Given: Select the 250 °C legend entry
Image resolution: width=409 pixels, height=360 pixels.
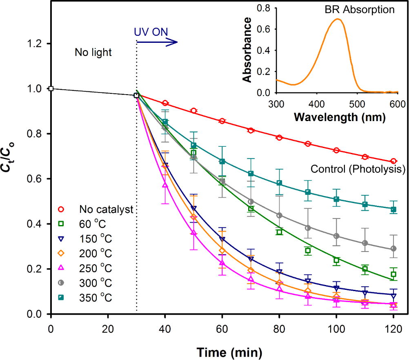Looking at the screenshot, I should click(x=96, y=268).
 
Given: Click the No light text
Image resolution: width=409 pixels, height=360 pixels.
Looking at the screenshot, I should click(x=93, y=52).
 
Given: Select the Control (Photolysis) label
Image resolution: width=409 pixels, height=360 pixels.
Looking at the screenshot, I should click(x=358, y=169).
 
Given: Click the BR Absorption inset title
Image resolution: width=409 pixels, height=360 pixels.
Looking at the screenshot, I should click(x=360, y=9).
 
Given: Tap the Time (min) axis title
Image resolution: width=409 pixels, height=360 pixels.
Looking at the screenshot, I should click(x=228, y=351).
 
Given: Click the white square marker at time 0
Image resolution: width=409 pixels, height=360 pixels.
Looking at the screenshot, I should click(x=51, y=88).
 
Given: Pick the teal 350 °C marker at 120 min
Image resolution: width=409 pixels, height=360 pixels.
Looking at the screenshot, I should click(x=393, y=210).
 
